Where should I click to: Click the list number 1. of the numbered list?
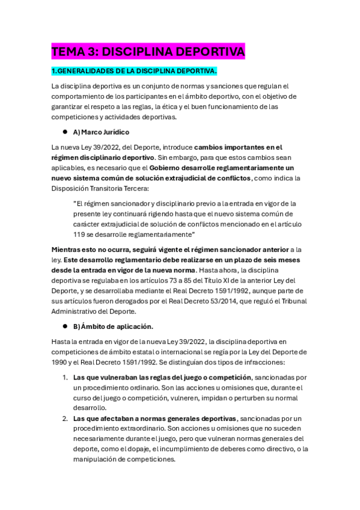[66, 378]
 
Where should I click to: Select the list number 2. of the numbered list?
[66, 418]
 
